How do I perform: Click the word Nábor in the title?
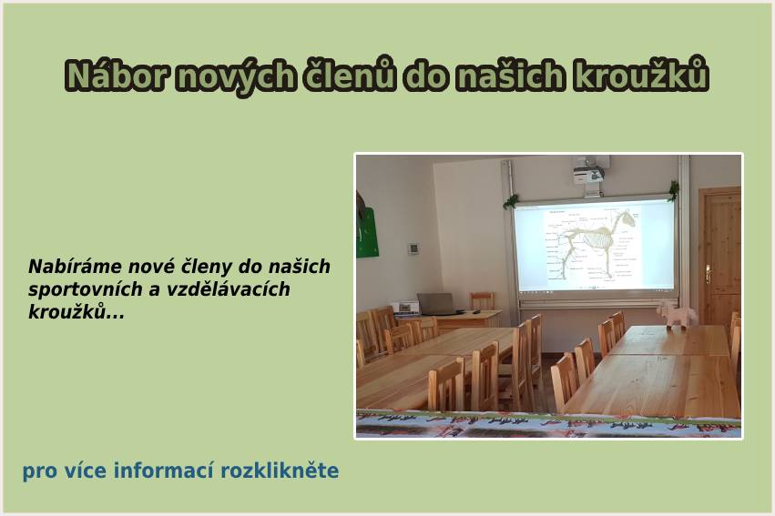coord(115,76)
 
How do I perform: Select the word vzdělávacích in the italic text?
coord(228,289)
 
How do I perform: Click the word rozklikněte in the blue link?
coord(280,470)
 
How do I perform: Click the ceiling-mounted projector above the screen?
coord(588,174)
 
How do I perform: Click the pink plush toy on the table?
coord(676,315)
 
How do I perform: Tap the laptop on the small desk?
coord(438,304)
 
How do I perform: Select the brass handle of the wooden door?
coord(709,274)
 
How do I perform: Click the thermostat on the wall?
coord(413,248)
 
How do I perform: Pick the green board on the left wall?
coord(368,232)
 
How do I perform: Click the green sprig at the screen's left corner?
coord(511,201)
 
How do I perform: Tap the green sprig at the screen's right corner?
coord(673,190)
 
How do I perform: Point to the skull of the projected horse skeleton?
coord(626,218)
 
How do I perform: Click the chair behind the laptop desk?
coord(482,301)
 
